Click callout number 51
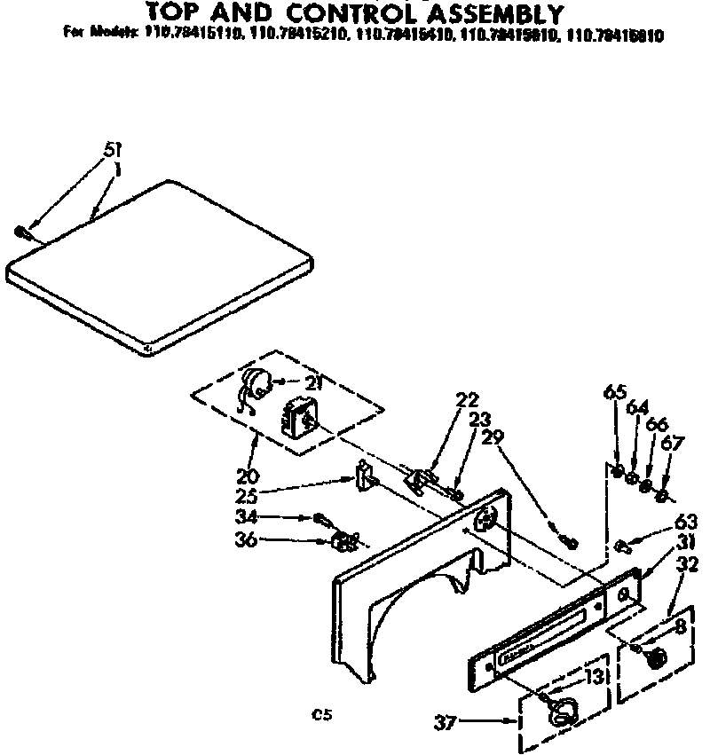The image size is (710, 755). pyautogui.click(x=113, y=151)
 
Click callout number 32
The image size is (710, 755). pyautogui.click(x=687, y=565)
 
